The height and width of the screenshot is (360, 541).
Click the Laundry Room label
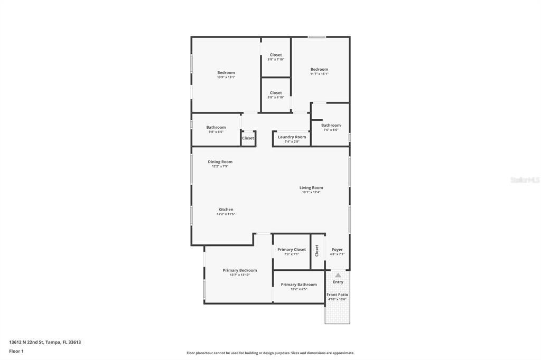pos(292,137)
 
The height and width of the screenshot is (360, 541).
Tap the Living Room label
pos(311,188)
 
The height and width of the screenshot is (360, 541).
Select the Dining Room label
pos(220,162)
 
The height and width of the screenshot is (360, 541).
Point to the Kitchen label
pos(226,210)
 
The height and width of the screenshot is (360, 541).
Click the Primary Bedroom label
pos(239,270)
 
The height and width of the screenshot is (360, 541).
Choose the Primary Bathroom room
pos(299,287)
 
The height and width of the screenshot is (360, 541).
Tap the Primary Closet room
pos(292,251)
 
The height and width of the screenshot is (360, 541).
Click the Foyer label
pos(337,250)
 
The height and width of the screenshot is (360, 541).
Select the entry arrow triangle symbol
pos(338,275)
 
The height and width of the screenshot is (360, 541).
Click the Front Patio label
pos(337,295)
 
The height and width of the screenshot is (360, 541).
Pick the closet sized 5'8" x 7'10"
pos(276,57)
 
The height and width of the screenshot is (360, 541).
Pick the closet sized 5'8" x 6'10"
pos(276,95)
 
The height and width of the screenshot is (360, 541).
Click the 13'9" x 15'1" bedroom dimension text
pos(226,77)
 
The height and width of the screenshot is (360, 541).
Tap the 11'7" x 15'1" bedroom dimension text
pos(319,74)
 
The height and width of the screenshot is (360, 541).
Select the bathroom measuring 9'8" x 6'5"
pos(216,129)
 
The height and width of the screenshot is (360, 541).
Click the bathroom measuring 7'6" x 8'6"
pos(331,127)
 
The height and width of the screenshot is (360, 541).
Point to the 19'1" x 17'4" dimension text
pos(311,192)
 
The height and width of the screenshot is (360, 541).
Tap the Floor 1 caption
pos(16,351)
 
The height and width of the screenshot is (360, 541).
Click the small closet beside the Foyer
pos(317,251)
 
